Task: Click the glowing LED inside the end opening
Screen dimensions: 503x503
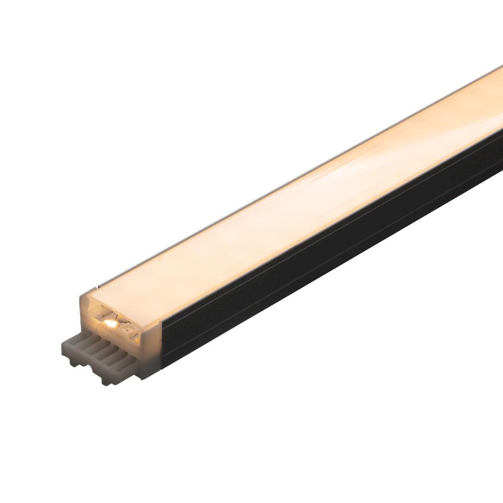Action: point(110,324)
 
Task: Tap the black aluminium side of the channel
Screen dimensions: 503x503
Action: point(293,272)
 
